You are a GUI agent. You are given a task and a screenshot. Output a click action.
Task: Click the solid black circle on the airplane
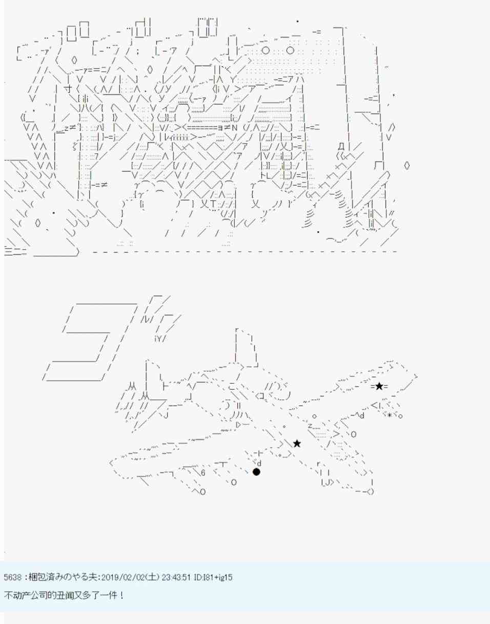pos(256,472)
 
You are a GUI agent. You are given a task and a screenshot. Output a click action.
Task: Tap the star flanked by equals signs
pos(379,387)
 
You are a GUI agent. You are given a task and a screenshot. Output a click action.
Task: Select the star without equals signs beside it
pos(297,444)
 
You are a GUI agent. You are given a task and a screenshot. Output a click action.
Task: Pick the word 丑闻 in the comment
pos(63,595)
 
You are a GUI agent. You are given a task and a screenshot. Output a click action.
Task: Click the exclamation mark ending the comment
pos(122,595)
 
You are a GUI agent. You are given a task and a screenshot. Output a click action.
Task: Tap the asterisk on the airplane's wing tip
pos(390,415)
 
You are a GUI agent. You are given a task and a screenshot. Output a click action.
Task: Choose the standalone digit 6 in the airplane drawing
pos(203,473)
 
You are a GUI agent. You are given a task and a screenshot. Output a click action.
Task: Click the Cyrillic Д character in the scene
pos(341,147)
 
